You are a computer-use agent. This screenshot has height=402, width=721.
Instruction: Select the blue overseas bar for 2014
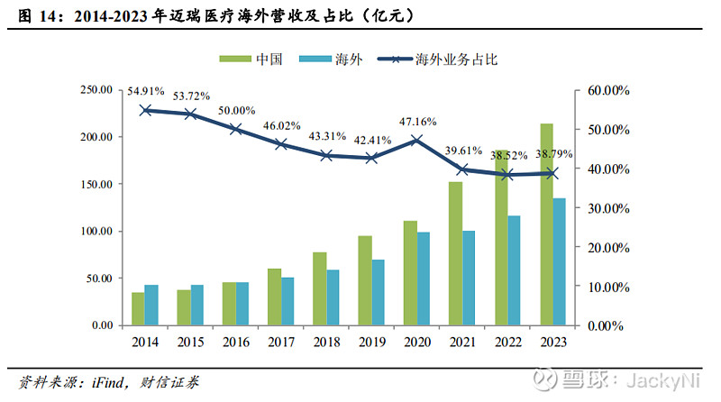coord(151,305)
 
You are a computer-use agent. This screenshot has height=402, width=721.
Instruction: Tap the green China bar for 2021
coord(455,253)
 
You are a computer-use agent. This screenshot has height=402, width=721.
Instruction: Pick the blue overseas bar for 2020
coord(423,279)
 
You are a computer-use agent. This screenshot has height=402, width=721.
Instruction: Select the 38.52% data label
coord(510,155)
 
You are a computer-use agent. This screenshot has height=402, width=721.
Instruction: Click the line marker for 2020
coord(416,141)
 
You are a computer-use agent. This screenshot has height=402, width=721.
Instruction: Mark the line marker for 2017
coord(280,144)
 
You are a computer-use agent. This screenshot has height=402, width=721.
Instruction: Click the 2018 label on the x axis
coord(325,343)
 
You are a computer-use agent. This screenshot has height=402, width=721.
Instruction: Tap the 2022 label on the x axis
coord(507,343)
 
